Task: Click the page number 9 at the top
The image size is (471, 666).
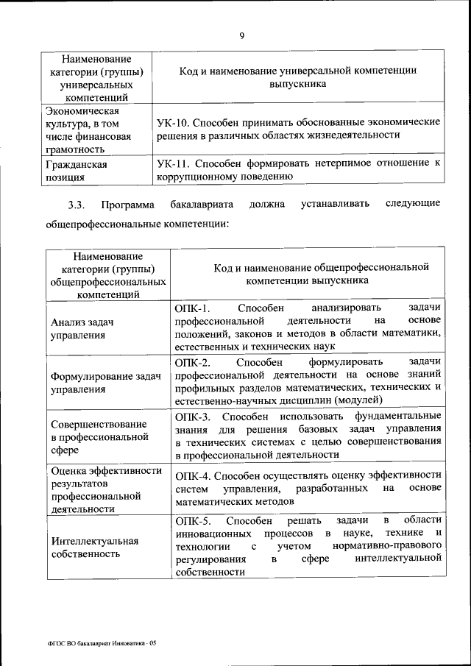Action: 241,35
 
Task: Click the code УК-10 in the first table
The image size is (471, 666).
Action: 174,121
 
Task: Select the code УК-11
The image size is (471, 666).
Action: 174,163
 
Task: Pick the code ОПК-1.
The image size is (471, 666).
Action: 193,308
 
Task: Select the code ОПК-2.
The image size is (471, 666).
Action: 193,362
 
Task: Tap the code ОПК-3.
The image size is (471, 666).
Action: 193,416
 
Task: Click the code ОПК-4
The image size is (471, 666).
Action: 194,475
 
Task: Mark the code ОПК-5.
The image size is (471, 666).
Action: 193,521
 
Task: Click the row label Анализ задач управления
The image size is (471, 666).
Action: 82,328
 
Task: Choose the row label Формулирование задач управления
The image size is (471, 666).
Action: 105,383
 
